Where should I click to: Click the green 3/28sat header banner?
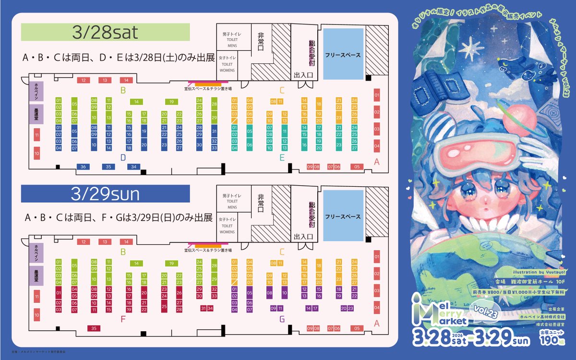(x=106, y=33)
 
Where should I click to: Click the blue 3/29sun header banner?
(x=106, y=194)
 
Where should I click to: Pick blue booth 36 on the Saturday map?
(x=84, y=167)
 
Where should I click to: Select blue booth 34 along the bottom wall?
(x=133, y=167)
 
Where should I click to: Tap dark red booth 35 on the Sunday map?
(x=94, y=328)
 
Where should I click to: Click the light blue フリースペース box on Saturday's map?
(x=342, y=55)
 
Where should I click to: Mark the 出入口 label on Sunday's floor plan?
(x=303, y=236)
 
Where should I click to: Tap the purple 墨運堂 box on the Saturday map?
(x=36, y=115)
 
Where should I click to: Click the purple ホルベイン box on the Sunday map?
(x=36, y=252)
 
